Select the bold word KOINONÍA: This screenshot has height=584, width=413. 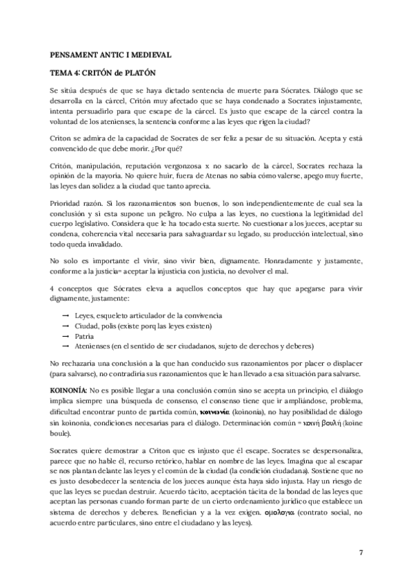(x=69, y=390)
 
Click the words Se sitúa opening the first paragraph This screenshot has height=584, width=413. (x=63, y=90)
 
